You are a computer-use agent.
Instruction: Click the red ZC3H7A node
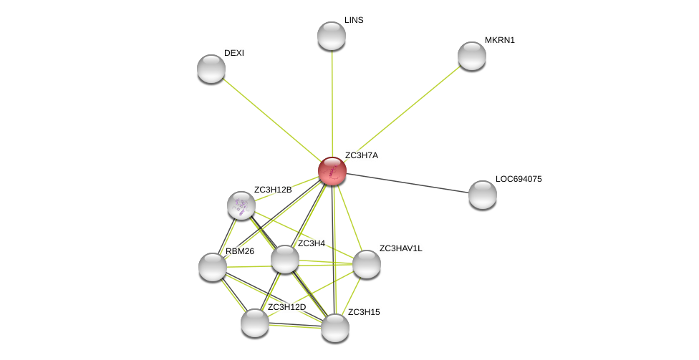332,171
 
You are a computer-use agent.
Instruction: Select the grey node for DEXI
211,69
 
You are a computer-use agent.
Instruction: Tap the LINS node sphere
332,36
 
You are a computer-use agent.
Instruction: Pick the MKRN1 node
472,56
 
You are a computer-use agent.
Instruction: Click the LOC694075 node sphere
483,195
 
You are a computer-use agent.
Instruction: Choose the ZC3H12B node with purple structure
241,205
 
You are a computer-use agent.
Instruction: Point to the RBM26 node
213,267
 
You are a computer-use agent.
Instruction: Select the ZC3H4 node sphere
285,259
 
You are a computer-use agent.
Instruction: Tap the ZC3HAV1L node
367,264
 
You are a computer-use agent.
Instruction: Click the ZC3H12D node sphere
255,323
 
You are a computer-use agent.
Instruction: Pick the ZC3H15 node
335,328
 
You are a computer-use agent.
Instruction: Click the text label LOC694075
519,179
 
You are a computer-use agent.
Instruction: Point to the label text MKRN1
500,40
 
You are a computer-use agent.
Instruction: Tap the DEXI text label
234,53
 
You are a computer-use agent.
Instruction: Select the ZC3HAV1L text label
401,248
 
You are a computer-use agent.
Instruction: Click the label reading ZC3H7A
362,155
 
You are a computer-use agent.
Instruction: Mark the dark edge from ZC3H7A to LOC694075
408,183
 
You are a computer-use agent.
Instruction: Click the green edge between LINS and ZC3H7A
332,103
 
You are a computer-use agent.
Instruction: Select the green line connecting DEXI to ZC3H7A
271,120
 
